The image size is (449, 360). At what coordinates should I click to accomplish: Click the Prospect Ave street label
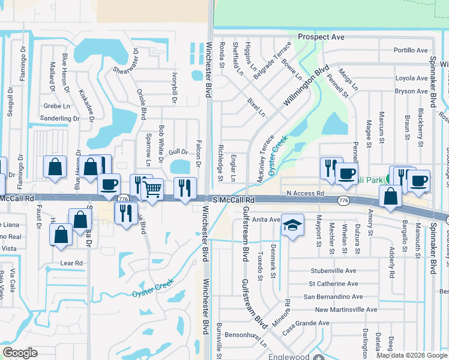pos(321,37)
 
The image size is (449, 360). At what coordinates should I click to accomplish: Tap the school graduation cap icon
pos(292,226)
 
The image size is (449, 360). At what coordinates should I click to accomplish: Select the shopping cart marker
pos(153,189)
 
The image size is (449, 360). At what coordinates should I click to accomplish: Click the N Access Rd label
pos(305,193)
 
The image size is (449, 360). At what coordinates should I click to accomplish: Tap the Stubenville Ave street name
pos(333,271)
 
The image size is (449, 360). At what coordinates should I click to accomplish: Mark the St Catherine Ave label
pos(333,284)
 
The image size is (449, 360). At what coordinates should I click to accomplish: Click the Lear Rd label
pos(71,263)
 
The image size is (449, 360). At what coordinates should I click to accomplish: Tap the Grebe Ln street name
pos(53,106)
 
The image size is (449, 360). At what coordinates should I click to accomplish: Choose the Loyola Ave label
pos(411,78)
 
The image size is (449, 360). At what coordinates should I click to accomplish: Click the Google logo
pos(20,353)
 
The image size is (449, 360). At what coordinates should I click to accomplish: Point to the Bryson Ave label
pos(411,91)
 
